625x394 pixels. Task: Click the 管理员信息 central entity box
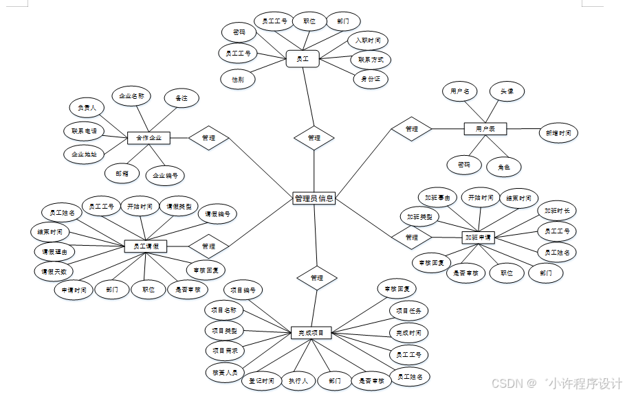(314, 199)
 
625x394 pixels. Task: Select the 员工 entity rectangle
(303, 60)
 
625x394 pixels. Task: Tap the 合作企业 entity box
(149, 138)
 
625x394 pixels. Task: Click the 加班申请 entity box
(479, 237)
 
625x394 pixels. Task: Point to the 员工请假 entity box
(145, 246)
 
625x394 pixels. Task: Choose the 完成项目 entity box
(311, 333)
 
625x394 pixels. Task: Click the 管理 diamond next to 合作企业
(208, 138)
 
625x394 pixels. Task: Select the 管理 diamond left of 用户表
(411, 129)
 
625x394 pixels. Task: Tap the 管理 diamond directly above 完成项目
(316, 278)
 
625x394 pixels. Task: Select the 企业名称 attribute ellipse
(131, 97)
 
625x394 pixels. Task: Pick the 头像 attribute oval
(507, 91)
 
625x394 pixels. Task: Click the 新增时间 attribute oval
(557, 133)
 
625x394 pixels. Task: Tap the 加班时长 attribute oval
(556, 211)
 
